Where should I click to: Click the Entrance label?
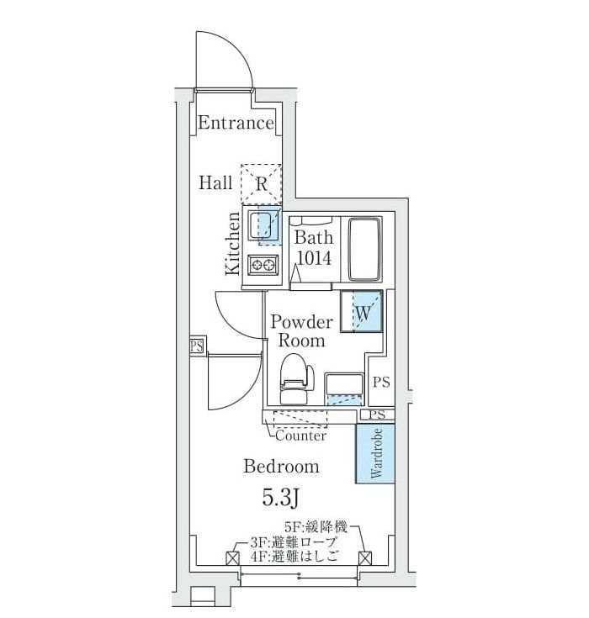(x=236, y=124)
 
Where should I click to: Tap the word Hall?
(x=215, y=182)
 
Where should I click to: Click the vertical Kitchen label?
(x=233, y=243)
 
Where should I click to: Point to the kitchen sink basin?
(x=264, y=224)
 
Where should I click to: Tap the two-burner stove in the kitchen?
(x=263, y=266)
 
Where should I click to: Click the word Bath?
(x=313, y=238)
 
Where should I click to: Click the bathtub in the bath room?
(x=365, y=251)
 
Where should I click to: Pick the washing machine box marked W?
(x=362, y=312)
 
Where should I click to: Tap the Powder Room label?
(x=301, y=331)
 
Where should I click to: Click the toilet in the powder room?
(x=294, y=380)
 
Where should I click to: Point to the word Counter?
(x=300, y=436)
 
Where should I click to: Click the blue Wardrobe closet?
(x=375, y=453)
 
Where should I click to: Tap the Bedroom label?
(x=281, y=467)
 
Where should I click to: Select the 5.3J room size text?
(x=281, y=497)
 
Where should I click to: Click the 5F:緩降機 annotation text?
(x=316, y=526)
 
